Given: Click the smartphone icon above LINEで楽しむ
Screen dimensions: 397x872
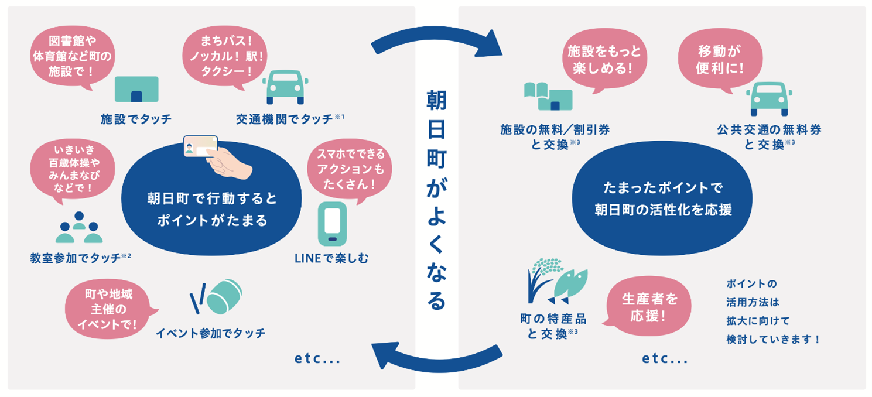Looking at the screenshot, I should click(x=332, y=224).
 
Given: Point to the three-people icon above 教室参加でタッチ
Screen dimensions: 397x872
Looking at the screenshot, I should click(x=79, y=228).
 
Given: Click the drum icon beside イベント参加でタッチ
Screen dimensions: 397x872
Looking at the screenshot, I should click(x=217, y=296).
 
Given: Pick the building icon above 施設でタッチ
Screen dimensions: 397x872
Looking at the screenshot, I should click(x=136, y=90).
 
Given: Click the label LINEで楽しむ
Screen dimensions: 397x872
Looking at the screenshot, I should click(x=331, y=258).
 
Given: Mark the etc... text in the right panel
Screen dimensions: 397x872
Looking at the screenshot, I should click(x=665, y=358).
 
